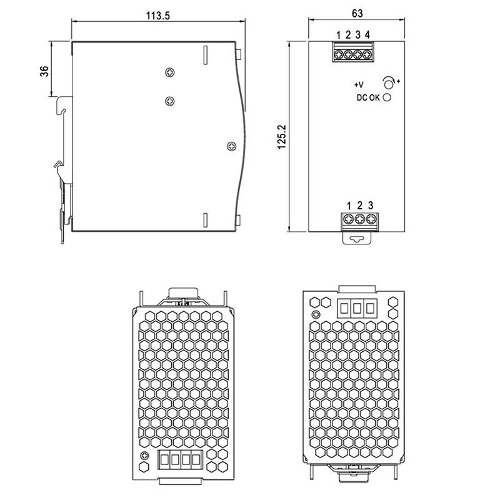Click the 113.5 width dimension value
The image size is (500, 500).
pos(158,16)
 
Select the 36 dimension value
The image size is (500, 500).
pos(44,71)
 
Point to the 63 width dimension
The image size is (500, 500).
pos(357,13)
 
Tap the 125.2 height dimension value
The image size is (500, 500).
pos(282,137)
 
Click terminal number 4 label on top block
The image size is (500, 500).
pos(367,34)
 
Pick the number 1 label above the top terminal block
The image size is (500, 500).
pos(338,35)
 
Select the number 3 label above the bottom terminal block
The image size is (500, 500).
pos(370,205)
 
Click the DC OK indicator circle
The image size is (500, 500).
pos(387,97)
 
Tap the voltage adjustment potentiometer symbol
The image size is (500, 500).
pos(389,83)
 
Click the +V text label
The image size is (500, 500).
pos(359,85)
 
